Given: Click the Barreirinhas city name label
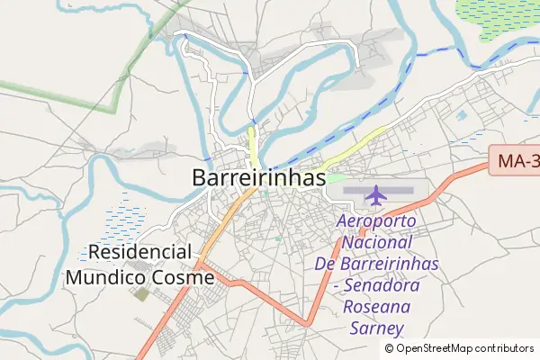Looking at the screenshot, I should (x=258, y=177).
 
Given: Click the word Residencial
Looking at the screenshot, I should (x=139, y=253).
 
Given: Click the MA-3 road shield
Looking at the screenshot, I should (x=517, y=161).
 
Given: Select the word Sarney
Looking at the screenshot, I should (x=375, y=328).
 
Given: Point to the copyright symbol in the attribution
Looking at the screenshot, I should (x=390, y=348).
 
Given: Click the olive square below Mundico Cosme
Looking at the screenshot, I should (x=142, y=294).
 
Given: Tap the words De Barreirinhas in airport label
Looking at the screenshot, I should (x=375, y=265).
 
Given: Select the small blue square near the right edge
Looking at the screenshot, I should (x=463, y=115).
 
